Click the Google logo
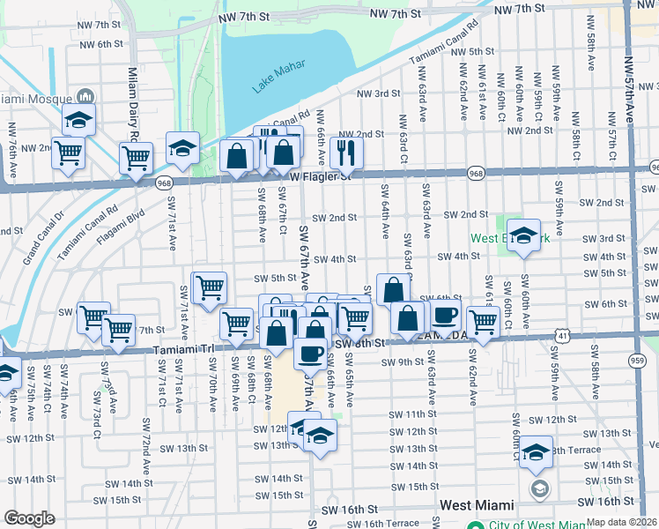pos(29,518)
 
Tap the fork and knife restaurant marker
pos(346,153)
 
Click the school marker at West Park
pos(523,235)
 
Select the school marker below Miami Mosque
pos(78,120)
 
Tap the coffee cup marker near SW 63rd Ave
pos(445,317)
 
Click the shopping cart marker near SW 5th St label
pos(209,287)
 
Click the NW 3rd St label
pos(378,93)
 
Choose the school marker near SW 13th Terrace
pos(536,451)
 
